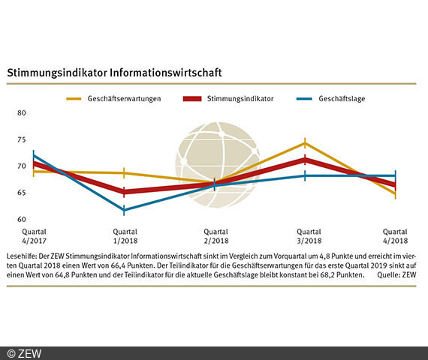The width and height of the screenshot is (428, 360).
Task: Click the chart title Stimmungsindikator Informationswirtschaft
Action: point(113,73)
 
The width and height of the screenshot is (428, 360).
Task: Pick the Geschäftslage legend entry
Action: point(342,98)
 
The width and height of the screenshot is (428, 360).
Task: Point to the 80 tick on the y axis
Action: point(21,113)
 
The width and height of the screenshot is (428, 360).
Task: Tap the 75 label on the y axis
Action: point(21,139)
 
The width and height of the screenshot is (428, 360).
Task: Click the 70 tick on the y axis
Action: point(21,166)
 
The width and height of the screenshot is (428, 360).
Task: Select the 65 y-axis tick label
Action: point(21,193)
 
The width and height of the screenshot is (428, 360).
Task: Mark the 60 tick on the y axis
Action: point(21,220)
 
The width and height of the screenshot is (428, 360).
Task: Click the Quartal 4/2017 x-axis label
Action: point(34,236)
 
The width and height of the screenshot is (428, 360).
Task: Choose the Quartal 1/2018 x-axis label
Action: point(124,236)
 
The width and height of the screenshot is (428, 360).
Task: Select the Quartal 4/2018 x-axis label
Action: point(395,236)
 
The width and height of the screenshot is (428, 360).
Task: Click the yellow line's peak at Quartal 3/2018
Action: point(304,142)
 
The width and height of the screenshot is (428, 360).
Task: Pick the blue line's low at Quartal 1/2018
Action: point(124,210)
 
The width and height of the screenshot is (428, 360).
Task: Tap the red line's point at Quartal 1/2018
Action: point(124,192)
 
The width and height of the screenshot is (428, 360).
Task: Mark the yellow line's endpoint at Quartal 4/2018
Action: point(395,194)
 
